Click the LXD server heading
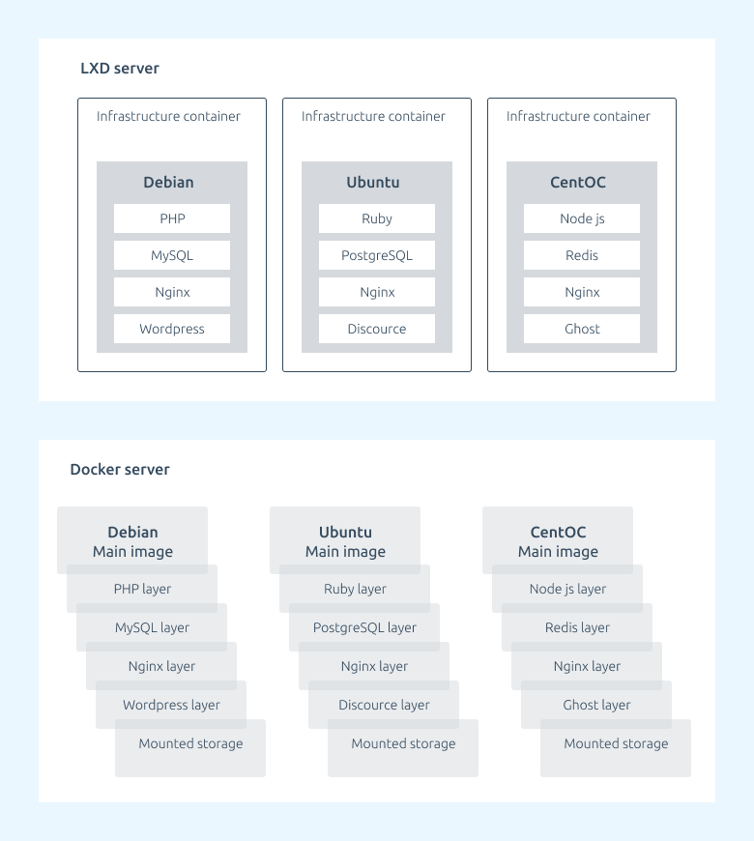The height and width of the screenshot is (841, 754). click(120, 68)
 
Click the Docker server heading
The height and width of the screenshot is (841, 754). click(120, 469)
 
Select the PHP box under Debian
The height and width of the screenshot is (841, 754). click(172, 218)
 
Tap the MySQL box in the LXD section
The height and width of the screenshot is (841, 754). click(172, 255)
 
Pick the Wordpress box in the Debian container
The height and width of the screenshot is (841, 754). click(172, 329)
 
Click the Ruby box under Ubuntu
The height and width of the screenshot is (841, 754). click(377, 218)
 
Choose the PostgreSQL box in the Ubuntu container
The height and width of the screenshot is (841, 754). click(377, 255)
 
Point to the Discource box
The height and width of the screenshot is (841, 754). click(377, 329)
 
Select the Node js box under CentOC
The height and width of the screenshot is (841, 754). click(582, 218)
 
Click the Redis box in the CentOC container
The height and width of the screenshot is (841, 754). click(582, 255)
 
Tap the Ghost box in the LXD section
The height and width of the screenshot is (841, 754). click(582, 329)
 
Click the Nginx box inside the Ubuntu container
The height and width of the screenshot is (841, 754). click(377, 292)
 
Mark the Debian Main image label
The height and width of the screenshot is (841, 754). click(132, 541)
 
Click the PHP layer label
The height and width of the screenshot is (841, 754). click(142, 589)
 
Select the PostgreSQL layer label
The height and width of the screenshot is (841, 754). click(364, 627)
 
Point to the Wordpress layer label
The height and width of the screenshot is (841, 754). click(171, 705)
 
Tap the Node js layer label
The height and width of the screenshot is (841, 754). click(567, 589)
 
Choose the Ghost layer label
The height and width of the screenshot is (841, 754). click(596, 705)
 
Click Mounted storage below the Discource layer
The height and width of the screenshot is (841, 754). click(403, 743)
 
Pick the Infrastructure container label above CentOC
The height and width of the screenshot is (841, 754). click(578, 116)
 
